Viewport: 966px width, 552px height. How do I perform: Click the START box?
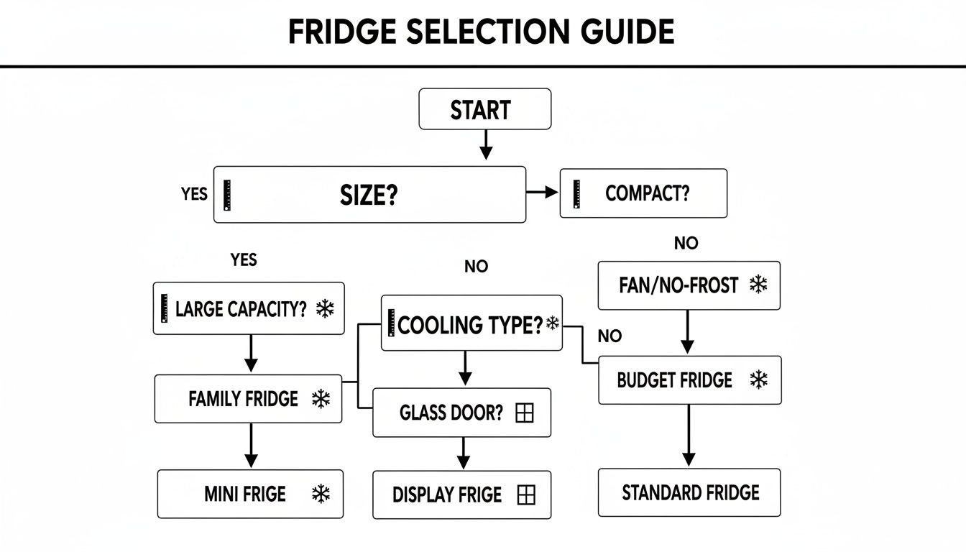pyautogui.click(x=484, y=109)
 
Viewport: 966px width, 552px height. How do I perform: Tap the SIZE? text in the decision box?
pyautogui.click(x=369, y=195)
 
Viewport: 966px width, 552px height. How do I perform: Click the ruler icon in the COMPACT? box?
pyautogui.click(x=576, y=194)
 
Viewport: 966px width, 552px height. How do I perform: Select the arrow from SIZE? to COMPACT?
pyautogui.click(x=543, y=192)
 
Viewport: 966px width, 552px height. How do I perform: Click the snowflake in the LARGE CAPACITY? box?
pyautogui.click(x=326, y=310)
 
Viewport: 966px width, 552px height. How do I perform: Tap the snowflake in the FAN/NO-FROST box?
pyautogui.click(x=758, y=285)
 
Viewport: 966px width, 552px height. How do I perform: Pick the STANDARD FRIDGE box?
pyautogui.click(x=689, y=492)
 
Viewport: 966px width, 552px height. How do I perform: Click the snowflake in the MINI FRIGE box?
pyautogui.click(x=320, y=494)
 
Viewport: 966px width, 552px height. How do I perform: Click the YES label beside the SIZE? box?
pyautogui.click(x=194, y=194)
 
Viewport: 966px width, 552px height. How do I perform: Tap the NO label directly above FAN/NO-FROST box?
pyautogui.click(x=686, y=244)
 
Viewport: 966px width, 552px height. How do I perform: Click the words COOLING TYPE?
pyautogui.click(x=470, y=325)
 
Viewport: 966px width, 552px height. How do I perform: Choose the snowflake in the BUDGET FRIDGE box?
pyautogui.click(x=758, y=379)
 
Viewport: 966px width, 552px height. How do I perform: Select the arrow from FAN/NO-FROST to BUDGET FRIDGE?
pyautogui.click(x=688, y=332)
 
